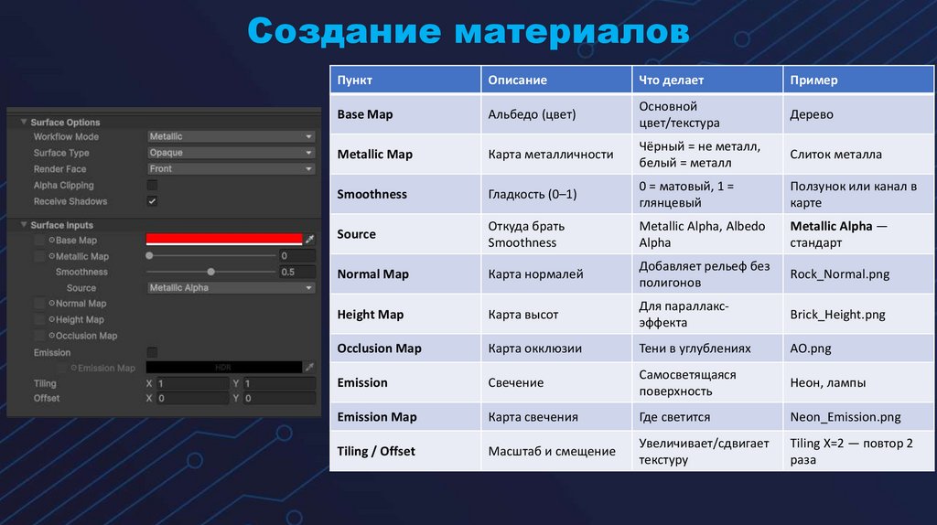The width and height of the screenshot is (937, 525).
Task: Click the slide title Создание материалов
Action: coord(468,33)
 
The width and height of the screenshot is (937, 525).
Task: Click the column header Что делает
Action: coord(671,80)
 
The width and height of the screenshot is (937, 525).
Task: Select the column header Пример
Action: coord(813,80)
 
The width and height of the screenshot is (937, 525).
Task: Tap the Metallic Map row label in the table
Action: coord(374,155)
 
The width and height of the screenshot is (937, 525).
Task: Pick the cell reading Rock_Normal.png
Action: coord(839,274)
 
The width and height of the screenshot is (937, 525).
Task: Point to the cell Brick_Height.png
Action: coord(837,315)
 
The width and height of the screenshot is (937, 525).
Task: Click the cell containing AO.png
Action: coord(811,348)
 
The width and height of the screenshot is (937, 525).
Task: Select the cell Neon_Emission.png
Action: coord(845,417)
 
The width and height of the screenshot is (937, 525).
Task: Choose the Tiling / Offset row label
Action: coord(376,451)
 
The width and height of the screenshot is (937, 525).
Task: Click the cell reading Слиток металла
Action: coord(835,155)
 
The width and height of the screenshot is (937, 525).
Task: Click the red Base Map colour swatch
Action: coord(224,240)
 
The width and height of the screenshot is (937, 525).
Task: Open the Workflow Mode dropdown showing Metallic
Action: coord(231,136)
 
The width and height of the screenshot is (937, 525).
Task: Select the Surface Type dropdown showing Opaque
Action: coord(231,153)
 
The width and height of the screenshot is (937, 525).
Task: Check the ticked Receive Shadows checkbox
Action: coord(152,201)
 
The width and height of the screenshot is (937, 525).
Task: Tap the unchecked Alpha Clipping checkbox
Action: coord(152,186)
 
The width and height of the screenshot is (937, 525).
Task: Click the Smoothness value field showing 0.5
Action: coord(296,273)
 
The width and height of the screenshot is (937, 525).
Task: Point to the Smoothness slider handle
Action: coord(211,272)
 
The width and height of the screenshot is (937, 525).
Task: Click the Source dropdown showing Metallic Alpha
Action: coord(231,288)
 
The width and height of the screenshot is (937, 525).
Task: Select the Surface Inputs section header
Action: coord(61,225)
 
